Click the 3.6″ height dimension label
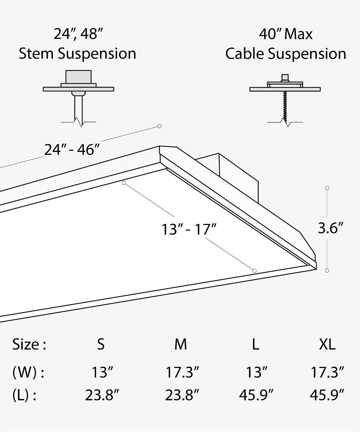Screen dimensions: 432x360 330,228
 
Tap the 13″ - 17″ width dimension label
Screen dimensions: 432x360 189,229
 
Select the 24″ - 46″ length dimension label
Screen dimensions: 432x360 72,149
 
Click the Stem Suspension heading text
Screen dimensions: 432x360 77,54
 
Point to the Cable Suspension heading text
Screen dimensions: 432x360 286,54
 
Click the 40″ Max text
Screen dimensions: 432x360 286,34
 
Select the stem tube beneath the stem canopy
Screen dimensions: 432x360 78,108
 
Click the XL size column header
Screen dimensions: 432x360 327,345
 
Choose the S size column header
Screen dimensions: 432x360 101,345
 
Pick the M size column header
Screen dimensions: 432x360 181,345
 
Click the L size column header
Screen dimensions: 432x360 255,345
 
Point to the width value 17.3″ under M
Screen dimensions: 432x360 182,373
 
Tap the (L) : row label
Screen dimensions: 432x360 25,396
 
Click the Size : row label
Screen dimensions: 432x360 29,345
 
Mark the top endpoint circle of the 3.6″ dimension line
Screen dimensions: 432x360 327,188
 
